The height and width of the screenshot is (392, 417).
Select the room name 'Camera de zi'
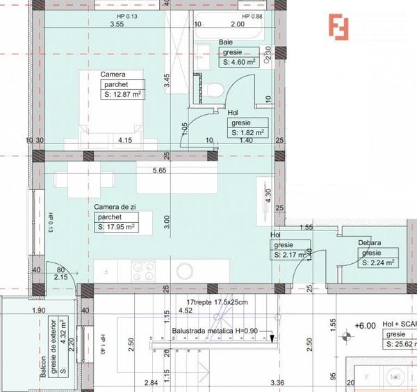pos(115,207)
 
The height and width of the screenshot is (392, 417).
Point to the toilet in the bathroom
pos(213,89)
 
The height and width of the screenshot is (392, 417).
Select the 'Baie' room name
pos(226,42)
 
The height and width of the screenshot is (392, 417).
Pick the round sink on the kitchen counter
pos(186,270)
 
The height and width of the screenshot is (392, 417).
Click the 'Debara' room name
pos(370,243)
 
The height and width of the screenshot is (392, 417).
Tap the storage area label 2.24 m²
pos(379,262)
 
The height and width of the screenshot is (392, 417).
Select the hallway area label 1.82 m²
pos(247,132)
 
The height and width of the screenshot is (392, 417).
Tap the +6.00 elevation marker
pos(364,325)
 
